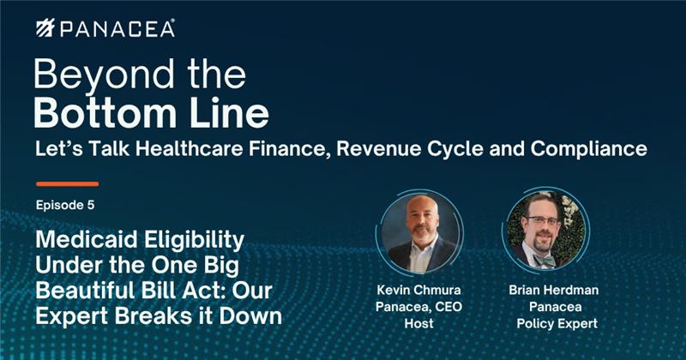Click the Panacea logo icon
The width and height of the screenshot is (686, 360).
(x=45, y=28)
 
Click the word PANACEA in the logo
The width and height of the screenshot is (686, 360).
(x=117, y=29)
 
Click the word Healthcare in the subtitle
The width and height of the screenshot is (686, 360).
(x=189, y=149)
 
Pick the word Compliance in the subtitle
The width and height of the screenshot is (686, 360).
(x=589, y=149)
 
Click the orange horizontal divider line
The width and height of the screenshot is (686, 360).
(x=68, y=184)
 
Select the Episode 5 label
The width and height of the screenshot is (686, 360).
(x=65, y=205)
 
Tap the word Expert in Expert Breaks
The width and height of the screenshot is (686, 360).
(x=72, y=316)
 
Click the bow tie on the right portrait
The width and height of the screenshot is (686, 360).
(x=545, y=261)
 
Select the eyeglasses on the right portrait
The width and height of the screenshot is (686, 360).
(x=543, y=220)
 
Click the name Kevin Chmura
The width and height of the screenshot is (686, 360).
(x=418, y=290)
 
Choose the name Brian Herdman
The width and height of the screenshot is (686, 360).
(x=554, y=290)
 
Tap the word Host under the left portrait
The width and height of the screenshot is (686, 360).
(x=418, y=323)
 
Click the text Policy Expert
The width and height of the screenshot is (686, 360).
(x=557, y=324)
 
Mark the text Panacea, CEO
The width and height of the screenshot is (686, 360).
(x=418, y=307)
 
